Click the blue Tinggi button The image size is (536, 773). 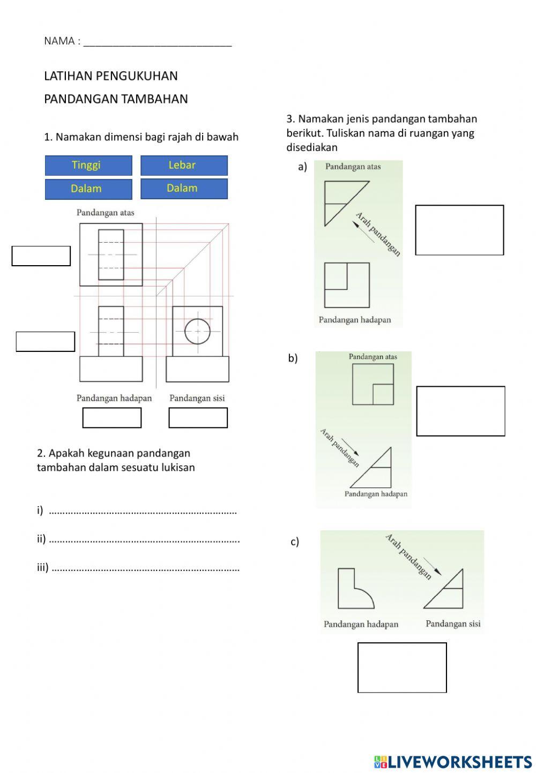tap(88, 165)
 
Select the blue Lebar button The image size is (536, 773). tap(184, 165)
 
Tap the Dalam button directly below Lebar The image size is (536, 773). tap(184, 188)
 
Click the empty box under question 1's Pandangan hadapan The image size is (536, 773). tap(111, 418)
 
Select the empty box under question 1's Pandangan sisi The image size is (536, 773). tap(198, 418)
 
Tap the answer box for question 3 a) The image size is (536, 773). tap(459, 230)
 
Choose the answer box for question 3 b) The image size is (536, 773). tap(460, 411)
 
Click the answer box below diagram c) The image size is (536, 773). tap(402, 667)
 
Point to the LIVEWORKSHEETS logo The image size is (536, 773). tap(453, 761)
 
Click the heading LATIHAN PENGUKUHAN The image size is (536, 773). tap(111, 76)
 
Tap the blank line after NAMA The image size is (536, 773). tap(158, 42)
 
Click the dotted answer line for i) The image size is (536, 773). tap(143, 512)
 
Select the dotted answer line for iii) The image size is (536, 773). tap(146, 568)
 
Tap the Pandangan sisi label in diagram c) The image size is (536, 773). tap(453, 624)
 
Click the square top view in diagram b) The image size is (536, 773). tap(373, 384)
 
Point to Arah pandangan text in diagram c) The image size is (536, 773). tap(408, 557)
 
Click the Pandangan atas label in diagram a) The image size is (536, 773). tap(353, 167)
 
